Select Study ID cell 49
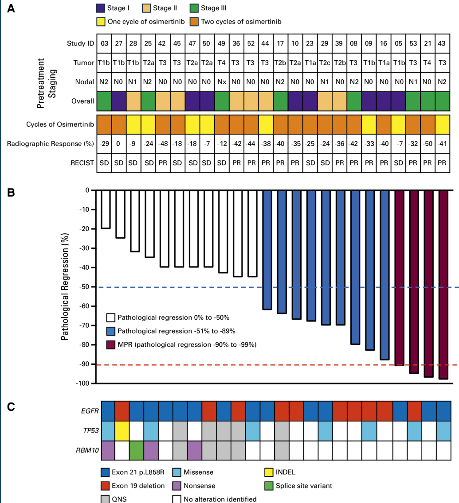tap(222, 43)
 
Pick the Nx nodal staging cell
tap(222, 82)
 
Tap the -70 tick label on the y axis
tap(83, 325)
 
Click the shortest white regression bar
tap(106, 209)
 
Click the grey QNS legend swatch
tap(106, 499)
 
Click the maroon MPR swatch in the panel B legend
tap(111, 344)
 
